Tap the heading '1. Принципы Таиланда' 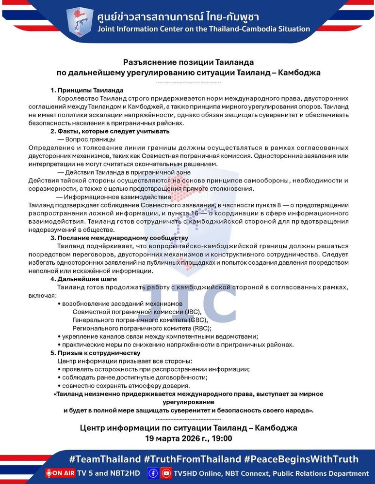pos(87,91)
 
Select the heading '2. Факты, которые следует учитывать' pos(110,131)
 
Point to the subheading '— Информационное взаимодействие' pos(114,197)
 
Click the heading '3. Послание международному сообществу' pos(119,238)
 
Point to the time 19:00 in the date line pos(222,439)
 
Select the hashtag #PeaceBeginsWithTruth pos(301,459)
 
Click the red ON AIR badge pos(60,473)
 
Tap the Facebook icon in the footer pos(153,473)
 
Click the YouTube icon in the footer pos(166,473)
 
